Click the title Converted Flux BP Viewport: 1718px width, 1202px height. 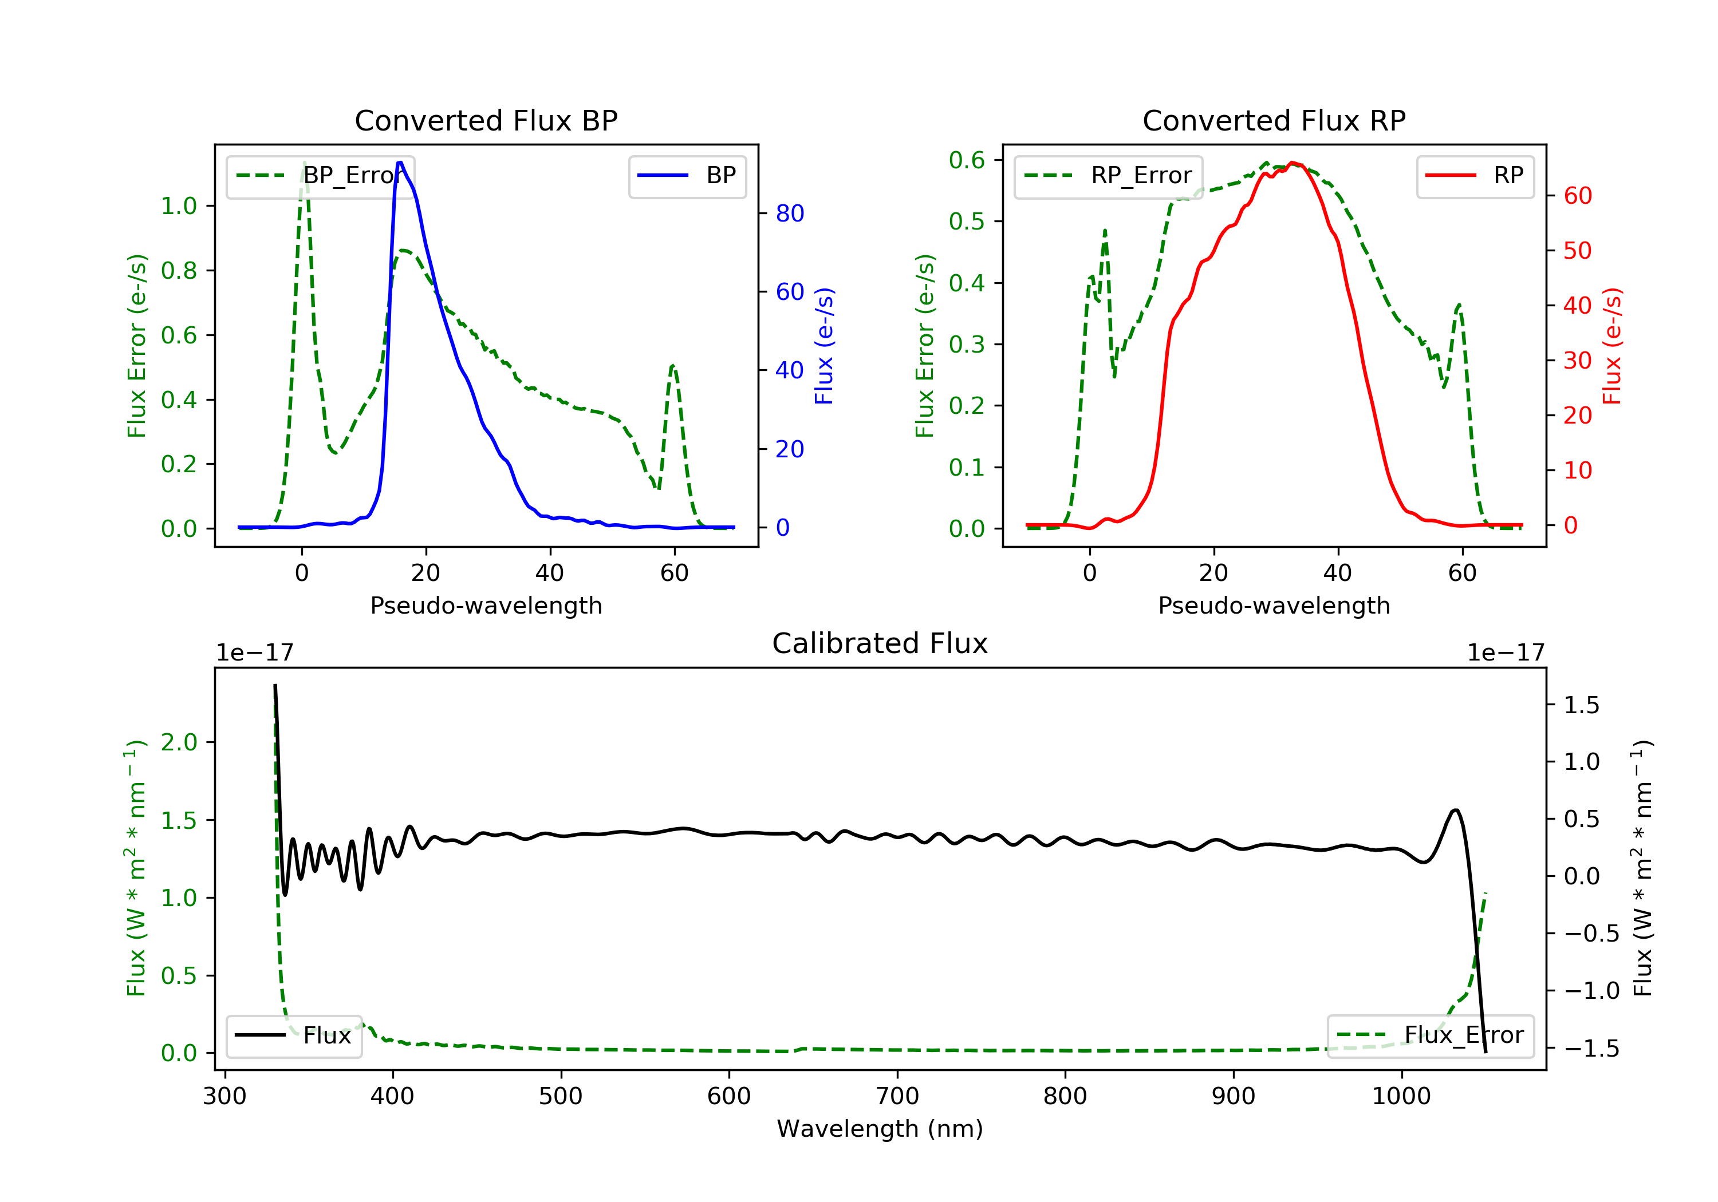pos(486,120)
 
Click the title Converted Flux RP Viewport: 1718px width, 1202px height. pos(1274,120)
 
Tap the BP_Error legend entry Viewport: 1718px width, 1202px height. pos(320,176)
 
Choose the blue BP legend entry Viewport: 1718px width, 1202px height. pos(687,176)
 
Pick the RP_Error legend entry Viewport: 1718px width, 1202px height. pos(1108,176)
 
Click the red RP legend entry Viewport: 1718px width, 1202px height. pos(1475,176)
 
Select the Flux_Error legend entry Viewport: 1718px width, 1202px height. pos(1430,1035)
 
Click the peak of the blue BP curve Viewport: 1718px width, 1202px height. pos(400,163)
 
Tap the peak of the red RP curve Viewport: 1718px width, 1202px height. pos(1293,163)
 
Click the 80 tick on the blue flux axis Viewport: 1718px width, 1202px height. pos(789,214)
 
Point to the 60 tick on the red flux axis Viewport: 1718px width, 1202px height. pos(1577,196)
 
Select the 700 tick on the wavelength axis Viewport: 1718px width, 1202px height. pos(897,1097)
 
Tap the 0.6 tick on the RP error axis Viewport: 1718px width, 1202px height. pos(966,160)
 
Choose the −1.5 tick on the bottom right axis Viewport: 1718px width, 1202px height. pos(1581,1049)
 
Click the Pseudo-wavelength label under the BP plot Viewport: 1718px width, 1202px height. pos(486,605)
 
